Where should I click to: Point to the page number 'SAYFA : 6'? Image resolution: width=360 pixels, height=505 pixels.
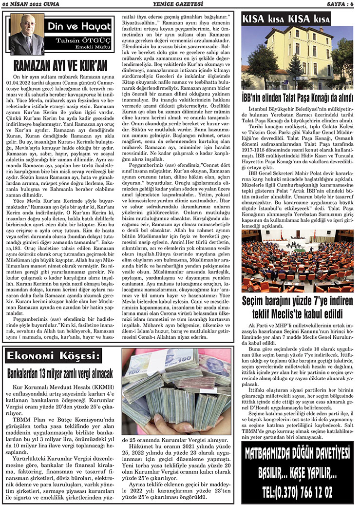point(336,4)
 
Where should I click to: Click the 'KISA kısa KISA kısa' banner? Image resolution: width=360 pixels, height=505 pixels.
point(287,20)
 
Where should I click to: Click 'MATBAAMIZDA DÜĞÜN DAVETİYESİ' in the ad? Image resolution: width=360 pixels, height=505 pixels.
point(297,456)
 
